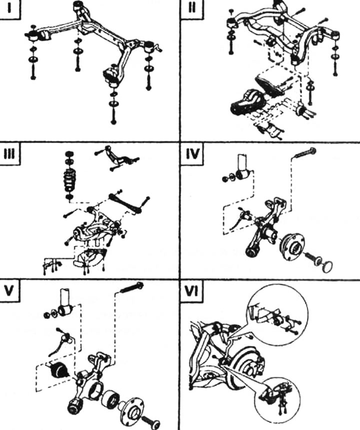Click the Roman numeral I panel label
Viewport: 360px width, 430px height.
pos(9,10)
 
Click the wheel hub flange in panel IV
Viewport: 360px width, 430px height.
pos(291,246)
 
